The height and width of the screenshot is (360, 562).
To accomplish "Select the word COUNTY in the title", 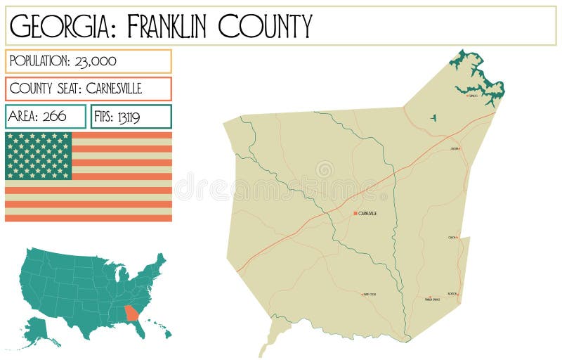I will coord(265,26).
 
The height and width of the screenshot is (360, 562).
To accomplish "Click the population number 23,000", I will coord(93,61).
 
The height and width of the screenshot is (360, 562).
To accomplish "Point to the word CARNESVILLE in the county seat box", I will coord(114,89).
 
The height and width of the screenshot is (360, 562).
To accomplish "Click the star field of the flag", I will coord(39,155).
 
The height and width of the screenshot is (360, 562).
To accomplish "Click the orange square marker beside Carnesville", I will coord(355,213).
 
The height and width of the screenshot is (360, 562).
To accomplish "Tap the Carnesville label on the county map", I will coord(368,213).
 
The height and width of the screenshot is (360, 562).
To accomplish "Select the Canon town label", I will coord(452,238).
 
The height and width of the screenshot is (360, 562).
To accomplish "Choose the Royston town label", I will coord(452,293).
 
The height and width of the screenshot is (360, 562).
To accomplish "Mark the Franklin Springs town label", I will coord(433,299).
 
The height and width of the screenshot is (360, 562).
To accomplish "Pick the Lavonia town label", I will coord(455,149).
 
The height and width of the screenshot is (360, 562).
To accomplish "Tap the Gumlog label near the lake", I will coord(472,96).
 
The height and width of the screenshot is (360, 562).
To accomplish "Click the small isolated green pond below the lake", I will coord(433,117).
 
